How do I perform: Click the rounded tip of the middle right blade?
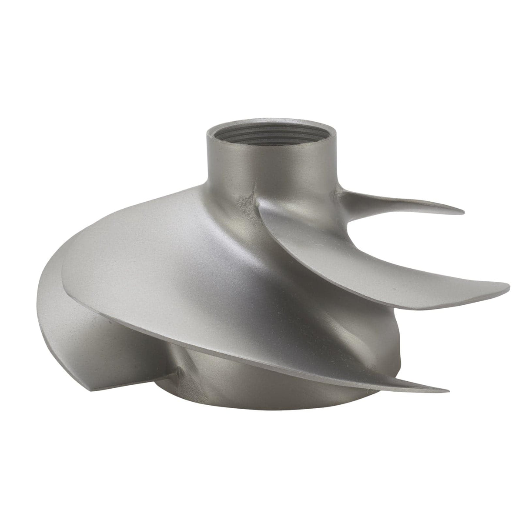click(507, 287)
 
